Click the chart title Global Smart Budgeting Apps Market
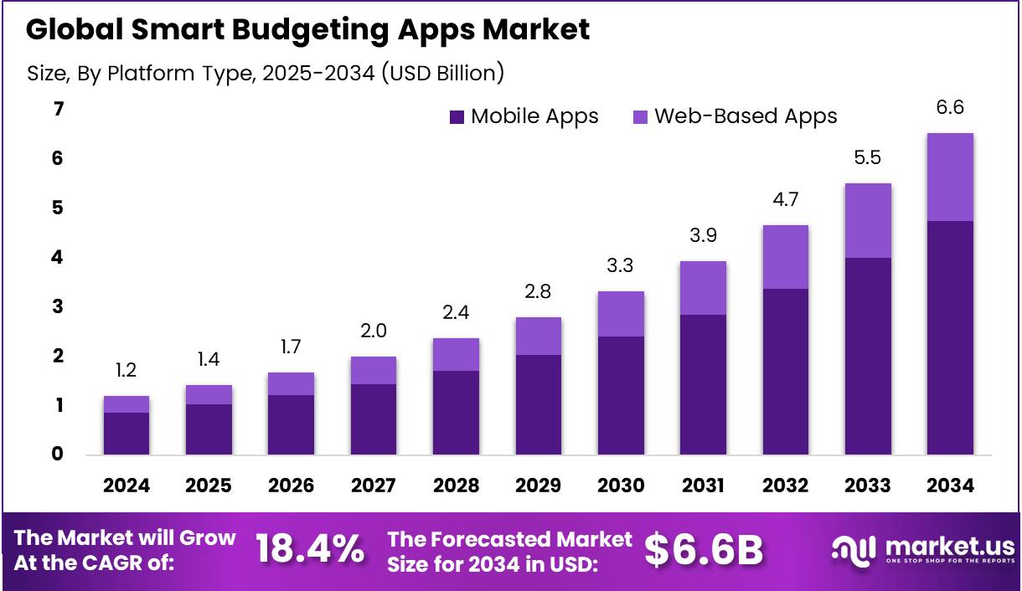(x=307, y=29)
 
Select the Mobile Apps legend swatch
(x=457, y=117)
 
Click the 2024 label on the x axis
(x=126, y=486)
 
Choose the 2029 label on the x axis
(x=538, y=486)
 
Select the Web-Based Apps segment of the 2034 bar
(x=950, y=177)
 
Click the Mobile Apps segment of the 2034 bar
(x=950, y=337)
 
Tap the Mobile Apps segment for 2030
(x=621, y=395)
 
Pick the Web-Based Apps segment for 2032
(x=785, y=257)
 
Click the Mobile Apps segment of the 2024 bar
(x=126, y=434)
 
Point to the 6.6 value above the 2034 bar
(x=950, y=107)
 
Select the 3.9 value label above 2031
(x=703, y=237)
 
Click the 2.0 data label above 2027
(x=374, y=331)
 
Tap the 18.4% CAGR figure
(x=310, y=549)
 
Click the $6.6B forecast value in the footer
(x=704, y=549)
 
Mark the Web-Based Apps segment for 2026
(x=292, y=383)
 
